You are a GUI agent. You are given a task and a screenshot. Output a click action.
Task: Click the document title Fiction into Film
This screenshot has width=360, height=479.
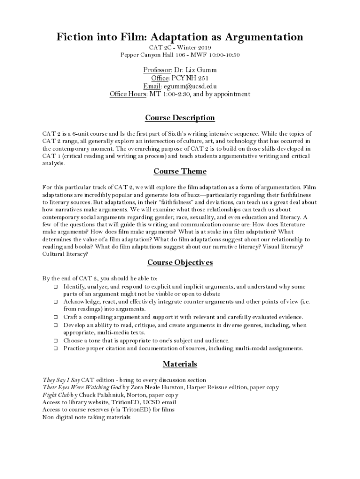180,37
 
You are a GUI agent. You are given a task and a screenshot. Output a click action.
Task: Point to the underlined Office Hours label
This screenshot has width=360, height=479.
128,94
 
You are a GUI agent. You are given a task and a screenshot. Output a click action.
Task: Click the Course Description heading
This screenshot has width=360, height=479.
180,118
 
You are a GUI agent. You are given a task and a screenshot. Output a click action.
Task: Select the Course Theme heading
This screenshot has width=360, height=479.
180,171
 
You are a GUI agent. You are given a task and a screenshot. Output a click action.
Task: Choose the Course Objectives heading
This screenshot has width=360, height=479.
180,262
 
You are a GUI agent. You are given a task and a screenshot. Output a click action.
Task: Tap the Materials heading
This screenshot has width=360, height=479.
180,364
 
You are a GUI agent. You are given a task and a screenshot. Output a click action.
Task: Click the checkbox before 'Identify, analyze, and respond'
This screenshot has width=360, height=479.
55,286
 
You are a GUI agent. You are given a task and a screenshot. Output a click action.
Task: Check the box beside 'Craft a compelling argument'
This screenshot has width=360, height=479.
55,317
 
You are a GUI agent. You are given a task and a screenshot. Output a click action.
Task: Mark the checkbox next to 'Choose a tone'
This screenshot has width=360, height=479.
55,341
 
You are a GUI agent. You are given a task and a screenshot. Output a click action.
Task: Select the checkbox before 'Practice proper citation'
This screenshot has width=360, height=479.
55,348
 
